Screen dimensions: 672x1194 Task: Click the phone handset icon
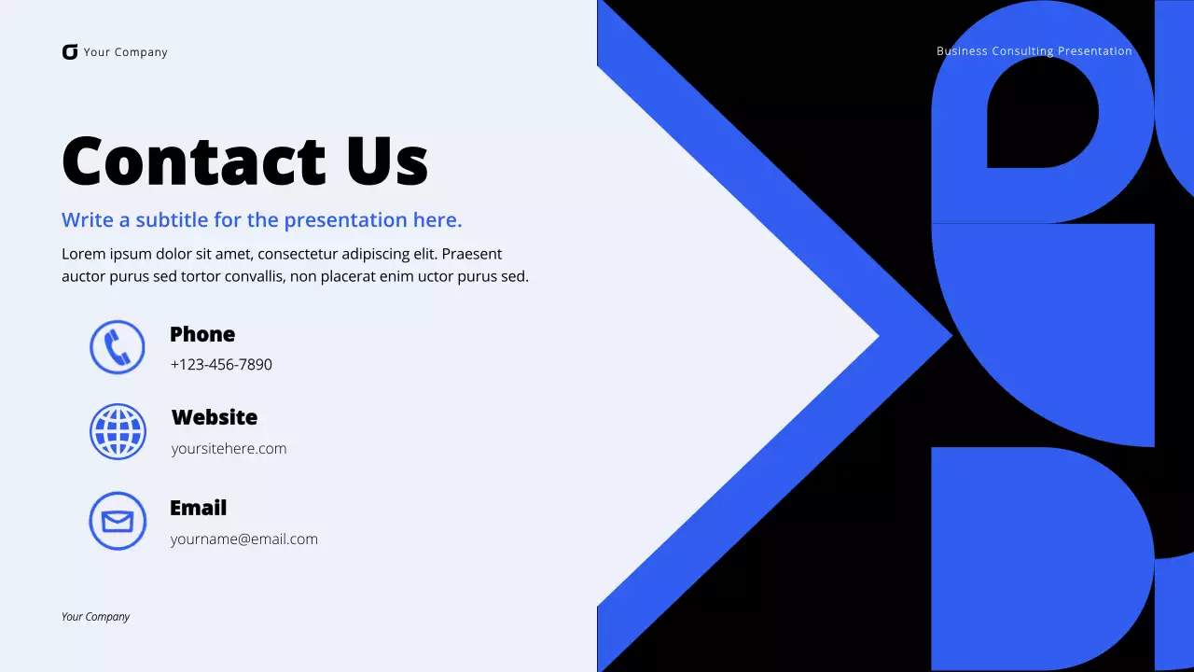tap(118, 347)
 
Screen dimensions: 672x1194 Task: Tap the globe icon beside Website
tap(118, 432)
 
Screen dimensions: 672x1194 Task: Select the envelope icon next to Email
tap(118, 521)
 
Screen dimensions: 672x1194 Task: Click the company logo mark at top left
tap(70, 52)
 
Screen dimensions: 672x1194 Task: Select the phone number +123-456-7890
tap(221, 365)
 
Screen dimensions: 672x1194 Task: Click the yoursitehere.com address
tap(229, 449)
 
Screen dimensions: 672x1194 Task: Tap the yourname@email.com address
tap(243, 539)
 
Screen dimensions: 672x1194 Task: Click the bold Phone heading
tap(202, 334)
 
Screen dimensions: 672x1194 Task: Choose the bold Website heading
tap(214, 417)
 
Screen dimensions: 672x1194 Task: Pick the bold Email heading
tap(198, 508)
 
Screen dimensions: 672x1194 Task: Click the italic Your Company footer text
tap(95, 617)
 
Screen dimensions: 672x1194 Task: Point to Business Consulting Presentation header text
tap(1034, 51)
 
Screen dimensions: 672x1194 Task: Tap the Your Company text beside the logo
tap(125, 52)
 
